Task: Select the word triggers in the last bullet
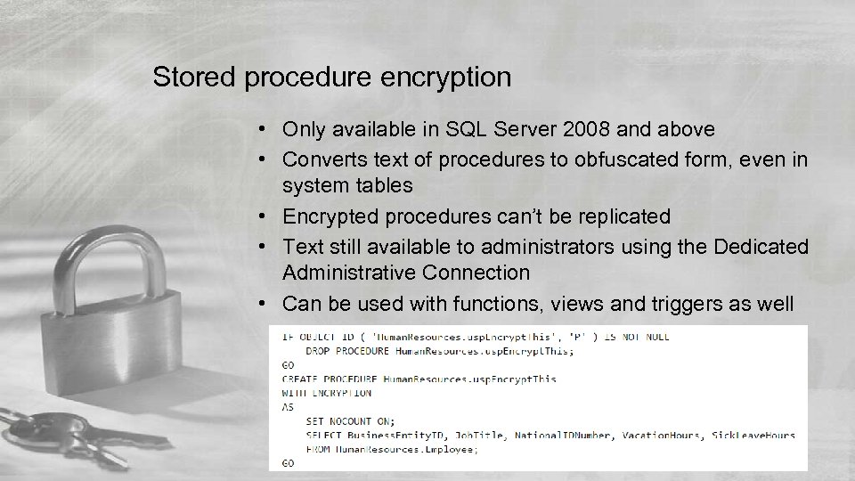[698, 304]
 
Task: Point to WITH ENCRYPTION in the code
[326, 393]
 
